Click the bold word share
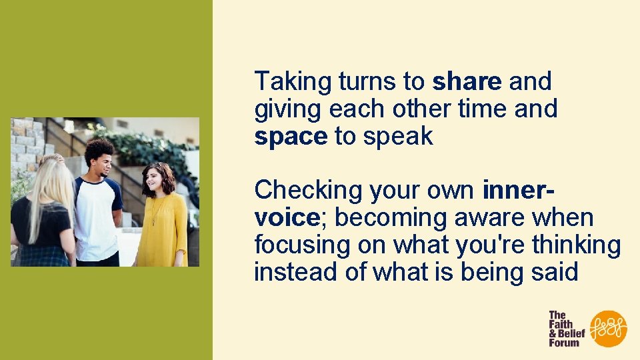point(467,82)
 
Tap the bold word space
point(291,137)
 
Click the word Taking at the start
point(293,82)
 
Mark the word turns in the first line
point(367,82)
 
